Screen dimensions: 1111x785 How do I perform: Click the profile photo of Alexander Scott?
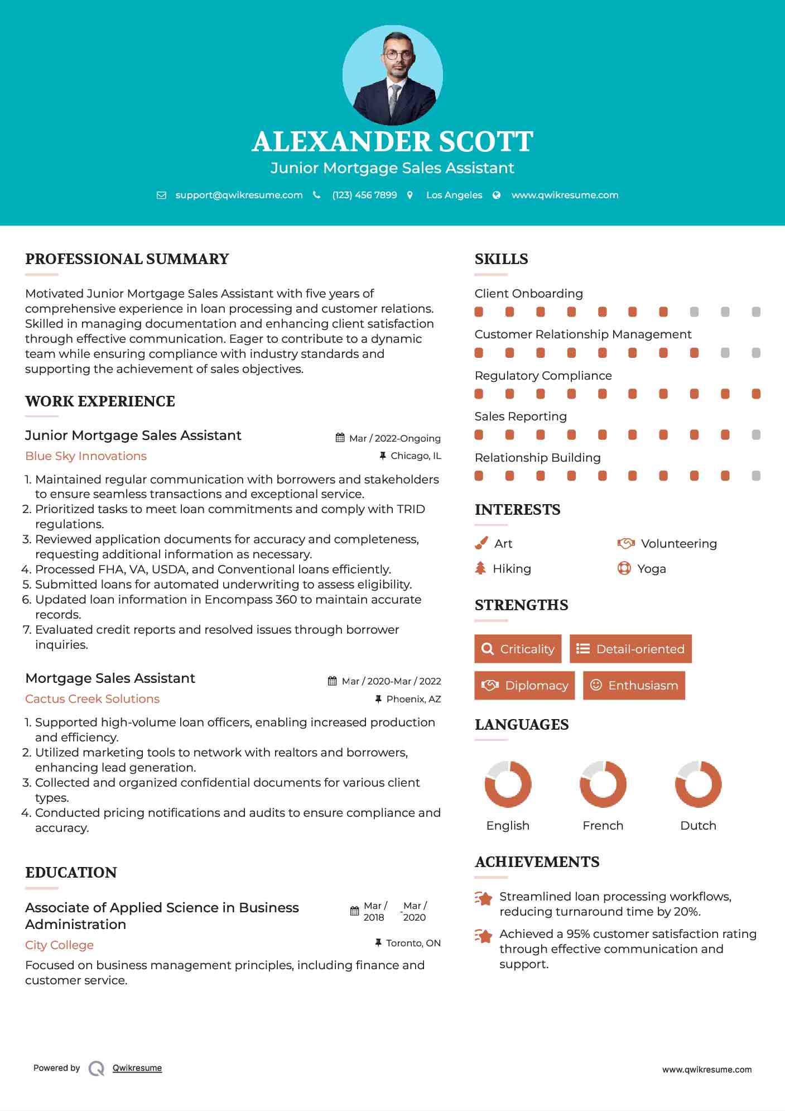[x=392, y=75]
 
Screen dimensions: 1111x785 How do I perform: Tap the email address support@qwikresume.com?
[x=239, y=195]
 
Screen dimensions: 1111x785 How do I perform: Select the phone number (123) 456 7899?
[x=364, y=195]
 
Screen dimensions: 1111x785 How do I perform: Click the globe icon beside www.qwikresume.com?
[x=497, y=195]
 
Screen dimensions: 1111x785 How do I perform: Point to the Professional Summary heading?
[x=127, y=259]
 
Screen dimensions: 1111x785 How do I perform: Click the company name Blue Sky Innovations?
[x=86, y=456]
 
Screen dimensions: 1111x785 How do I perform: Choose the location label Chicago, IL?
[x=416, y=456]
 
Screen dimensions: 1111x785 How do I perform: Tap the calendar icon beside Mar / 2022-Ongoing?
[x=340, y=438]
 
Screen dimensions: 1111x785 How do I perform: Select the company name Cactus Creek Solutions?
[x=92, y=699]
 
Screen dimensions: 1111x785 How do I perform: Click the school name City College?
[x=59, y=945]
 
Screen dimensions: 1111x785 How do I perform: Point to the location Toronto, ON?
[x=413, y=943]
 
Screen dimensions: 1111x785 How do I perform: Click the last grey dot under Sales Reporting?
[x=756, y=435]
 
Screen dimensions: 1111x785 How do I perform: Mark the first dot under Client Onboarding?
[x=479, y=312]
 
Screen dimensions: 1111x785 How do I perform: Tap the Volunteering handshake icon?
[x=626, y=543]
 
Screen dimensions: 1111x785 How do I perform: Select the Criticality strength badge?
[x=518, y=649]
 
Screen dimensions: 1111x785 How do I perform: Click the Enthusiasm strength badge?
[x=634, y=685]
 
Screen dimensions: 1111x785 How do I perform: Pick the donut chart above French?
[x=603, y=784]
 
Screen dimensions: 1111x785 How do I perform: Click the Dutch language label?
[x=698, y=826]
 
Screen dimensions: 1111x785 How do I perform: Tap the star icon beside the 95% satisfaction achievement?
[x=483, y=936]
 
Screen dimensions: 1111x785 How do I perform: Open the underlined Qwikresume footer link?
[x=137, y=1068]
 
